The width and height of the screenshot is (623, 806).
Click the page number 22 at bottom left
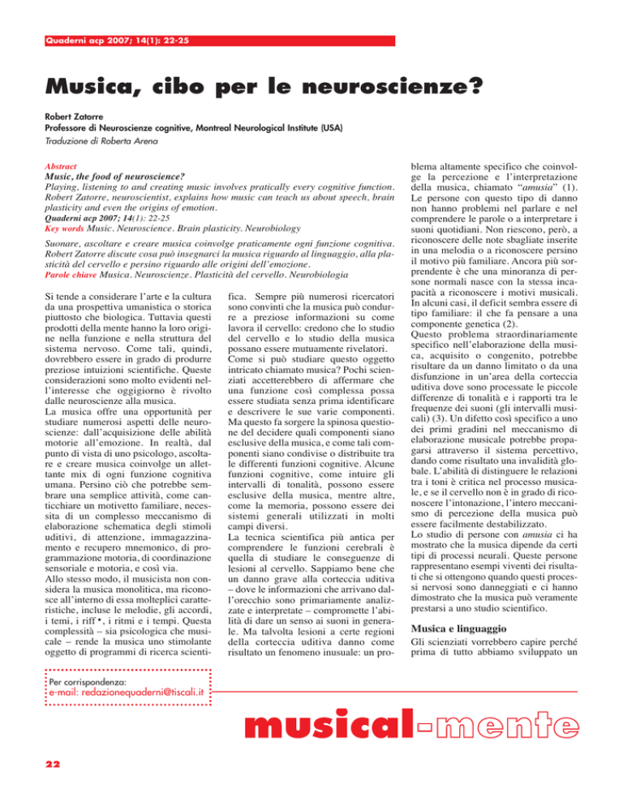(36, 771)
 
